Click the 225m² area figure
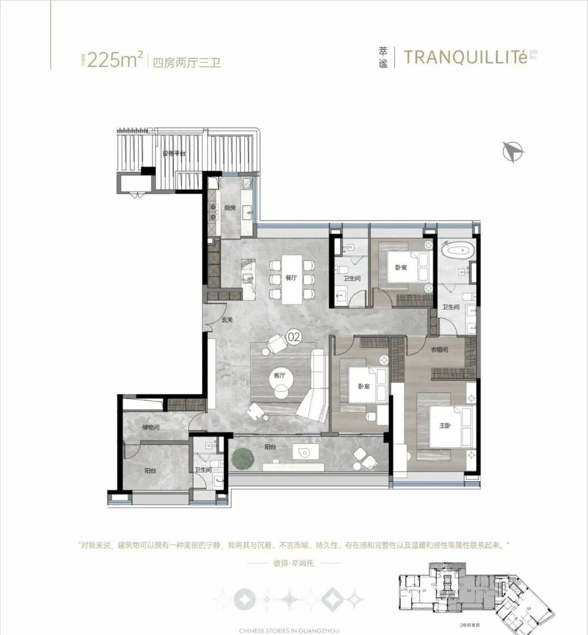point(114,59)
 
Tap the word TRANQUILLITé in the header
point(465,58)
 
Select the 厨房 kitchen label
point(230,208)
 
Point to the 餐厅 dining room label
point(291,278)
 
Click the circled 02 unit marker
point(293,337)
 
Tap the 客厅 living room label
point(279,375)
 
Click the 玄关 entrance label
point(227,320)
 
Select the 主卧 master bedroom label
point(445,426)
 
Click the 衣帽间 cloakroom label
point(439,350)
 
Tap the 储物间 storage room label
point(150,428)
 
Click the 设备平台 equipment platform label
point(174,154)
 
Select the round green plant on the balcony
point(242,459)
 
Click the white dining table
point(292,279)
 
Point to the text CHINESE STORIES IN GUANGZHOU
point(289,631)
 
